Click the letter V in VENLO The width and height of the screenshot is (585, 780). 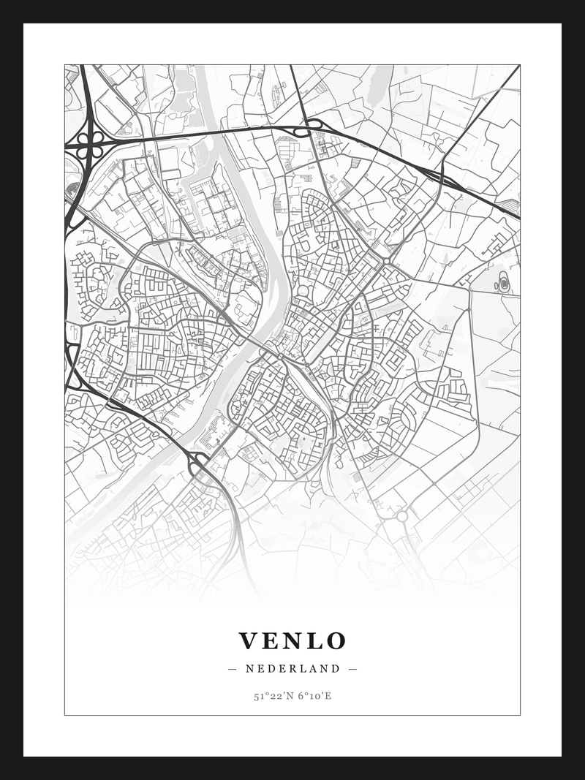pyautogui.click(x=250, y=641)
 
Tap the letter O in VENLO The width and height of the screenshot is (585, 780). pyautogui.click(x=336, y=641)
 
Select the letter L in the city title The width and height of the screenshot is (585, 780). pyautogui.click(x=312, y=641)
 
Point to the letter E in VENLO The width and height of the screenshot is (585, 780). pyautogui.click(x=271, y=641)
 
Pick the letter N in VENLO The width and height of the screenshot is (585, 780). pyautogui.click(x=292, y=641)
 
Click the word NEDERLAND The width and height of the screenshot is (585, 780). pyautogui.click(x=292, y=668)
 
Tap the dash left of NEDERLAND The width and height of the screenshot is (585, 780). pyautogui.click(x=233, y=668)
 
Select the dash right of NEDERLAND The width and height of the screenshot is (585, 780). pyautogui.click(x=352, y=668)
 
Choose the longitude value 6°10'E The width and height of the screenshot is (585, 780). pyautogui.click(x=314, y=696)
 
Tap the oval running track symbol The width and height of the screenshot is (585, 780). pyautogui.click(x=503, y=283)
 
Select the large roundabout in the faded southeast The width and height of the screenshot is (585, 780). pyautogui.click(x=401, y=516)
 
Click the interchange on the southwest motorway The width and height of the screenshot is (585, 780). pyautogui.click(x=197, y=462)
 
